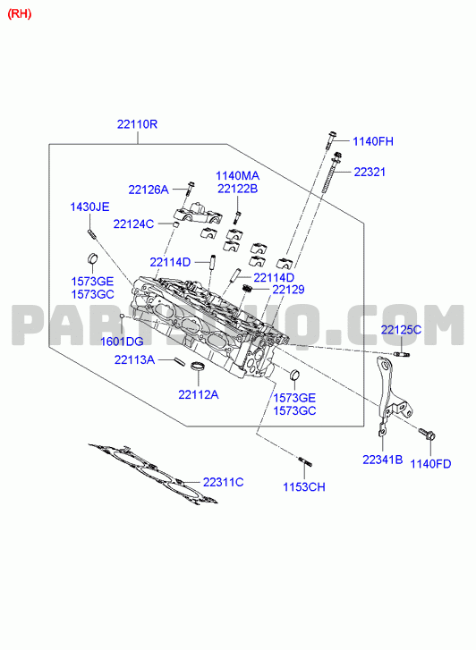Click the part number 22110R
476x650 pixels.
pyautogui.click(x=137, y=124)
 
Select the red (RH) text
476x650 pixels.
pyautogui.click(x=20, y=13)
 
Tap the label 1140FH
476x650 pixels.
pyautogui.click(x=373, y=141)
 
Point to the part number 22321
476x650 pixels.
pyautogui.click(x=370, y=172)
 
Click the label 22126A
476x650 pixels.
pyautogui.click(x=149, y=190)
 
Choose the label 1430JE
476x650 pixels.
pyautogui.click(x=89, y=207)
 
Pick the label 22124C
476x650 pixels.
pyautogui.click(x=133, y=224)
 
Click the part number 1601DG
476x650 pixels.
pyautogui.click(x=122, y=342)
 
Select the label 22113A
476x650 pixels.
pyautogui.click(x=134, y=359)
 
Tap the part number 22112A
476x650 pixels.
pyautogui.click(x=199, y=394)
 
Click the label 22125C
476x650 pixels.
pyautogui.click(x=401, y=330)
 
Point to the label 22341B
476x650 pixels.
pyautogui.click(x=383, y=460)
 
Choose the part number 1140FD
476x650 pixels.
pyautogui.click(x=430, y=463)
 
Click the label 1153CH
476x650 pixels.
pyautogui.click(x=304, y=486)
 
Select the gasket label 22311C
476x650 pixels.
pyautogui.click(x=224, y=482)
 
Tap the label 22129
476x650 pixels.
pyautogui.click(x=288, y=290)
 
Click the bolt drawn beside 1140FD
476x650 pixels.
pyautogui.click(x=427, y=434)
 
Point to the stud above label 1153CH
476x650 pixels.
pyautogui.click(x=304, y=461)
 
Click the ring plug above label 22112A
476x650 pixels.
pyautogui.click(x=199, y=367)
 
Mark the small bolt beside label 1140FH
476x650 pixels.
pyautogui.click(x=331, y=140)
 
